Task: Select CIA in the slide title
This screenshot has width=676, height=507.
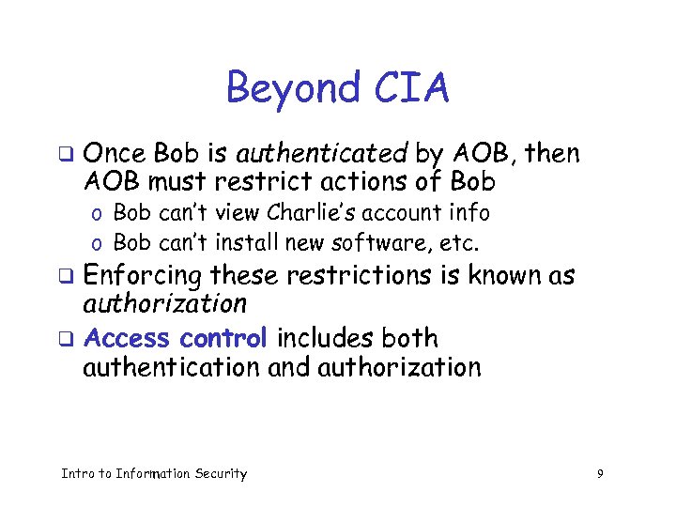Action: coord(409,89)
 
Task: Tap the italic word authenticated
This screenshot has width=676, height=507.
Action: coord(320,152)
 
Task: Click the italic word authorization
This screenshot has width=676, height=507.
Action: coord(164,304)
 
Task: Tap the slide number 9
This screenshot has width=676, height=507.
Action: coord(599,474)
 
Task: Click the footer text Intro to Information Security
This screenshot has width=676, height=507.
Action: coord(153,474)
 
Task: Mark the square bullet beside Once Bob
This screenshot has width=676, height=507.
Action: coord(65,153)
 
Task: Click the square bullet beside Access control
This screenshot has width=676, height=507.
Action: coord(65,337)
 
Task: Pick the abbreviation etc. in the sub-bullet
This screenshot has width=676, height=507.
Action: coord(460,244)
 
